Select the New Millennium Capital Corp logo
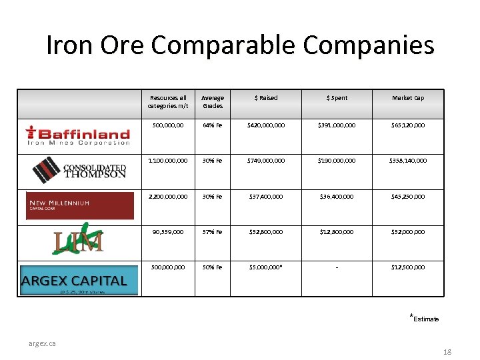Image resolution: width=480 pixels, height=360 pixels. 80,205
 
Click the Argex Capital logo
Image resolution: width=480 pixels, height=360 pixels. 79,280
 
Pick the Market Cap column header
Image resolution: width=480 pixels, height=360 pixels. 407,98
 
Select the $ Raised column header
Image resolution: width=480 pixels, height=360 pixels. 265,98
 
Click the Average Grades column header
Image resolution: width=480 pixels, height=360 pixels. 213,101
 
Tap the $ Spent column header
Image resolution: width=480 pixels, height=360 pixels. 337,98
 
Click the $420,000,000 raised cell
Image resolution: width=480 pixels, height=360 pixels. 265,125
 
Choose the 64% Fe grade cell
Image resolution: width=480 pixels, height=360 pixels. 213,125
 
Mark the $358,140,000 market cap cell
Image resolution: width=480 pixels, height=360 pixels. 407,161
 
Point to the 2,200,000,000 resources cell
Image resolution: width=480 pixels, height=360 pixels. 169,196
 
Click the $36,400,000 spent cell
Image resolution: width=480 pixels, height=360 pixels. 337,196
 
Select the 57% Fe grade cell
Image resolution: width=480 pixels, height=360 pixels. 213,232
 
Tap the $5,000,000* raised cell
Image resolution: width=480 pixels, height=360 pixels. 265,267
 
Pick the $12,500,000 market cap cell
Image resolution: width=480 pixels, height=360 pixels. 407,267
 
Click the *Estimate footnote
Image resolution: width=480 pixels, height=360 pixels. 424,318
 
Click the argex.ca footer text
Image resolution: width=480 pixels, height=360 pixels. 42,343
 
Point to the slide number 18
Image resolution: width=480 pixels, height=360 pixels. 447,351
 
